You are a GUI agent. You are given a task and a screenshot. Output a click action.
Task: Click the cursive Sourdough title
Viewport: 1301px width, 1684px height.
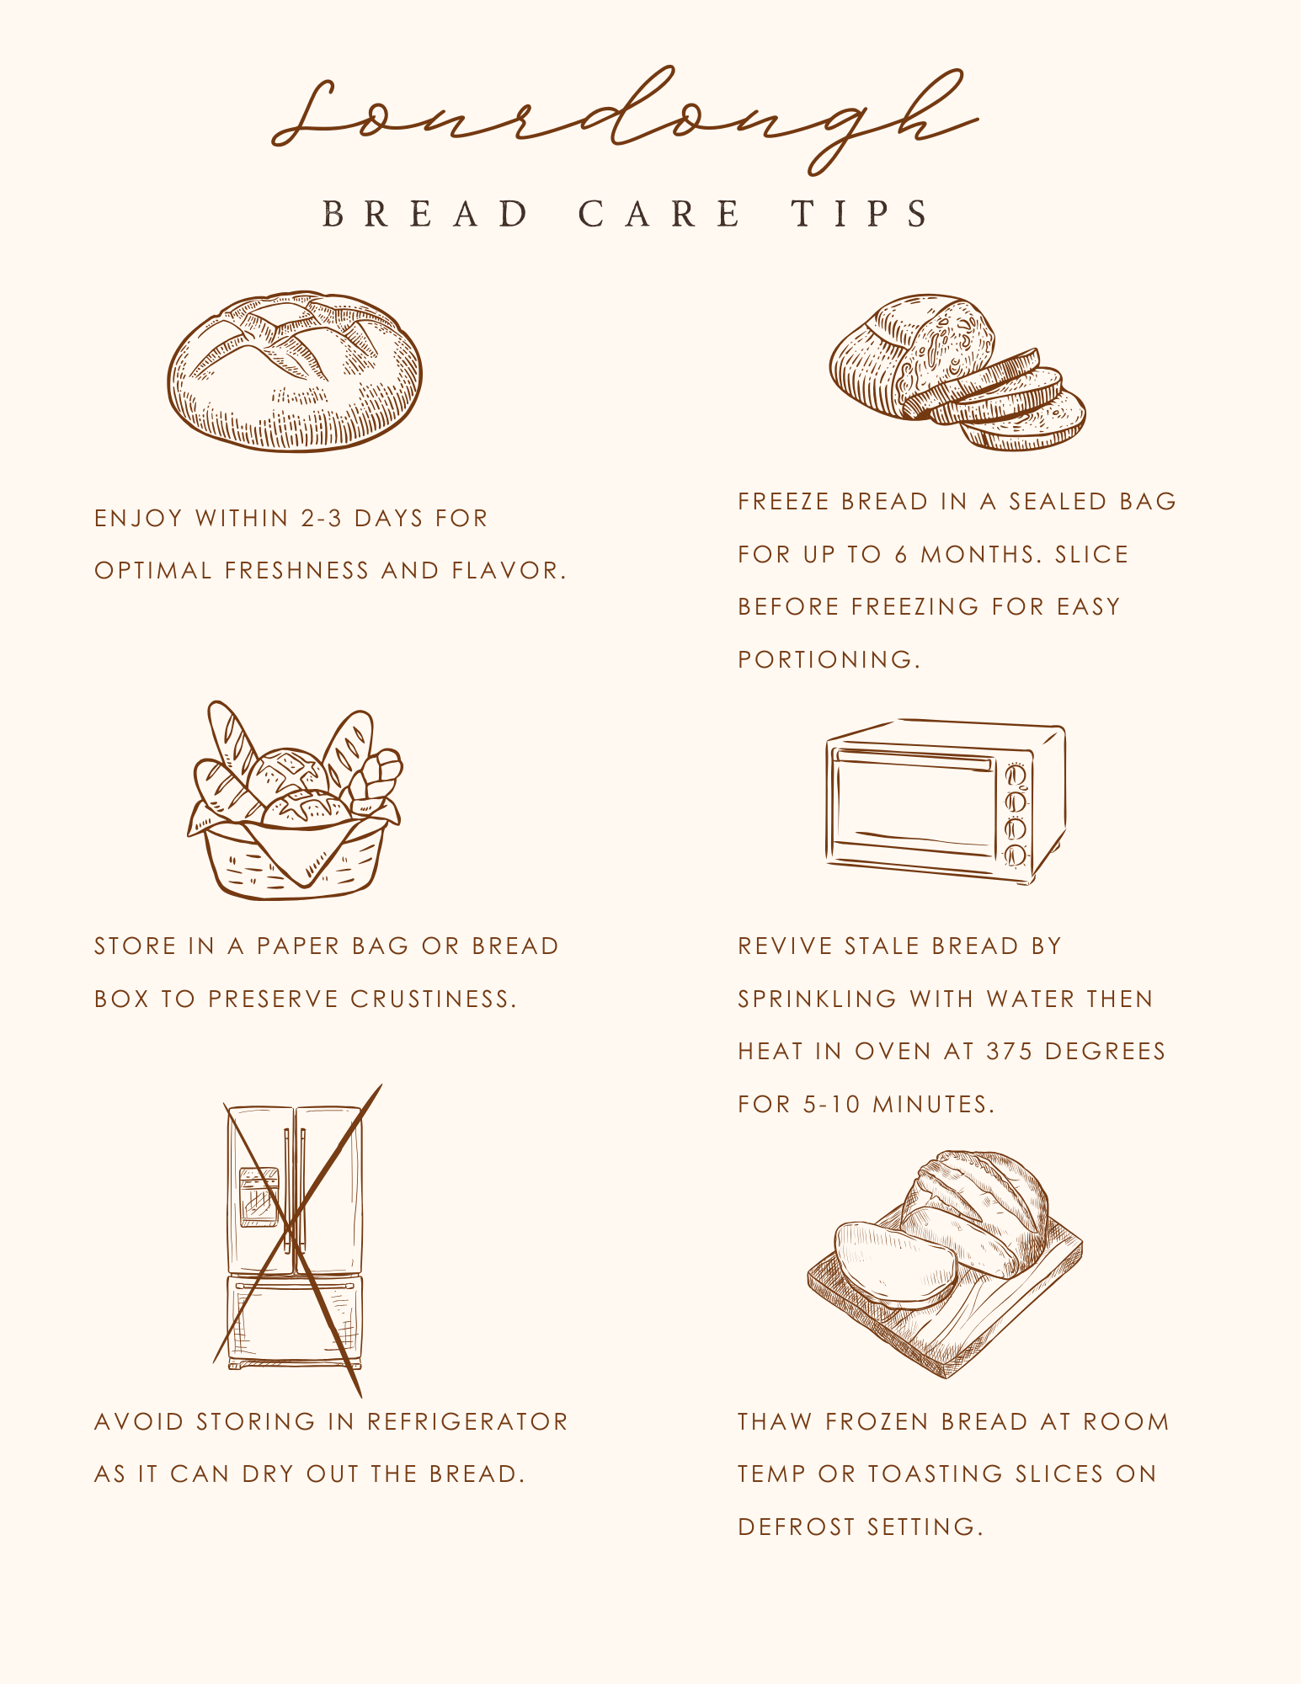click(x=623, y=122)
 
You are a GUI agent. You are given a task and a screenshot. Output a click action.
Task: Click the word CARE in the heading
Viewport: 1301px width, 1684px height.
click(x=659, y=214)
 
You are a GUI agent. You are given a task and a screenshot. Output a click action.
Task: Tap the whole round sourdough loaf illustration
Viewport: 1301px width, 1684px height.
click(x=295, y=372)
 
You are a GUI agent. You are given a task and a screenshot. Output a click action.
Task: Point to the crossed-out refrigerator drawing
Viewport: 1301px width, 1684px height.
click(x=295, y=1238)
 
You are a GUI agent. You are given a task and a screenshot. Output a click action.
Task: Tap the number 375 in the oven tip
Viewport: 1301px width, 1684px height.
click(x=1009, y=1052)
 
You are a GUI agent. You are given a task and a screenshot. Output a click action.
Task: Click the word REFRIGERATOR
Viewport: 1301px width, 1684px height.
click(x=467, y=1422)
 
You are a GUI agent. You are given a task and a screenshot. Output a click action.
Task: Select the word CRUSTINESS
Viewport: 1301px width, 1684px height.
click(x=433, y=999)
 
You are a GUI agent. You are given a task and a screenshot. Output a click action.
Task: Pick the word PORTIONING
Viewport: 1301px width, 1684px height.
click(x=829, y=659)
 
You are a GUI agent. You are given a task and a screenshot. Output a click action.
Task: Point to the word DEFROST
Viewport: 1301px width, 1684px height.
click(x=797, y=1527)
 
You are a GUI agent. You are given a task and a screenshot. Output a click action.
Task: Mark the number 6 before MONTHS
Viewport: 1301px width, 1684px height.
click(x=901, y=555)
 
